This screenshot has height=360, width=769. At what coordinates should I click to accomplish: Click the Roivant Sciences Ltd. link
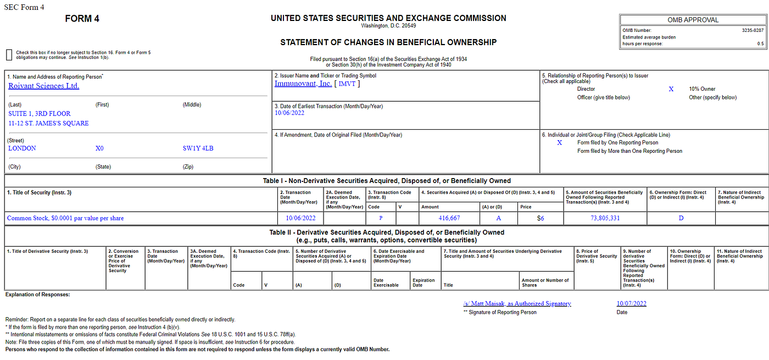[44, 86]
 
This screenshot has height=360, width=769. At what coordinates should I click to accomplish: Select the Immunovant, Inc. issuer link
[303, 84]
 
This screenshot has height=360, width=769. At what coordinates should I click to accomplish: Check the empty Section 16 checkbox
[9, 54]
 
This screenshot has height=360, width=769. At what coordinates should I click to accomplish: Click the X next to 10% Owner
[671, 89]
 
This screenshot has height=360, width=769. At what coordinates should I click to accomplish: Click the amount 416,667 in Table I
[449, 218]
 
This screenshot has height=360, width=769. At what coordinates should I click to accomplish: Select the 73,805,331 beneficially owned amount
[605, 218]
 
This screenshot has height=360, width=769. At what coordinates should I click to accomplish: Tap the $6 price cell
[540, 218]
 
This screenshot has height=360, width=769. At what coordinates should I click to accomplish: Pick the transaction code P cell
[381, 218]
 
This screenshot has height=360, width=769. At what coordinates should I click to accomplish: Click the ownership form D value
[681, 218]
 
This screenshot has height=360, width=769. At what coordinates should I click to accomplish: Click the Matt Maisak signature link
[517, 303]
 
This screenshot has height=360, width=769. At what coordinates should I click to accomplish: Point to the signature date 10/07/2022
[632, 303]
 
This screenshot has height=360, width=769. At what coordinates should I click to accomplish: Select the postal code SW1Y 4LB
[198, 148]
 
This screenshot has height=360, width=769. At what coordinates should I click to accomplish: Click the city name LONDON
[22, 148]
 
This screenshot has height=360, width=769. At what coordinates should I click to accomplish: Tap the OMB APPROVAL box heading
[693, 20]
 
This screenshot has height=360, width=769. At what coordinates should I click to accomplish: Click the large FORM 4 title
[82, 19]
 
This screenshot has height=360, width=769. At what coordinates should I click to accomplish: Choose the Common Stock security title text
[65, 218]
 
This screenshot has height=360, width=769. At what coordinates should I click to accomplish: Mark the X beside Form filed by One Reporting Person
[560, 142]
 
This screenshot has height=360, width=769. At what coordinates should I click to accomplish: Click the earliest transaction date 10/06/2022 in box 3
[289, 113]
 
